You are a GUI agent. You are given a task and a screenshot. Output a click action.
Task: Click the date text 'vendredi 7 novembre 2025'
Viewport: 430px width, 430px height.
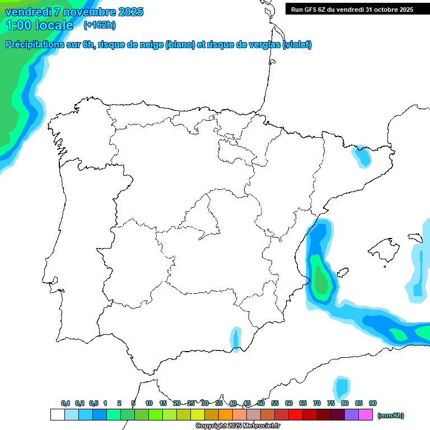(74, 12)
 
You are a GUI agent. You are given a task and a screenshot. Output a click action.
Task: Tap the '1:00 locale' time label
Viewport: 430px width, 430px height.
(39, 25)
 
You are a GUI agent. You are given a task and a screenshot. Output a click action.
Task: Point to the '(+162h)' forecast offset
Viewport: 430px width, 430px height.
(99, 25)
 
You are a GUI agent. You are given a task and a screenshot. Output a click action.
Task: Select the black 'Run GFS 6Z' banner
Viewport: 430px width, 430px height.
(352, 9)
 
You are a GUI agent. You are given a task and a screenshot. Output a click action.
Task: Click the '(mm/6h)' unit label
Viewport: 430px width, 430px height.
(390, 415)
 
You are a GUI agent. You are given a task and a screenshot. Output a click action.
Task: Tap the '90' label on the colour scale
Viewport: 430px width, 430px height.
(373, 403)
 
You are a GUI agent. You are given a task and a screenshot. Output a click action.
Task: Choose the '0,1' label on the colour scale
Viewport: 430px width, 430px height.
(66, 403)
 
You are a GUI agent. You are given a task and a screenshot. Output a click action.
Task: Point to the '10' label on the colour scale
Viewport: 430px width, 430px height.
(149, 403)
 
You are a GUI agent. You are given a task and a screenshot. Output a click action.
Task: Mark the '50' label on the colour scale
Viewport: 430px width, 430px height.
(261, 403)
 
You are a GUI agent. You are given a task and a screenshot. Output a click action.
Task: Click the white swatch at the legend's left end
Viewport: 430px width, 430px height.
(57, 414)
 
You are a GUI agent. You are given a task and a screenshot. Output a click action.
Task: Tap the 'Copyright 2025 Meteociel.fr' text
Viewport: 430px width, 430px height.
(237, 426)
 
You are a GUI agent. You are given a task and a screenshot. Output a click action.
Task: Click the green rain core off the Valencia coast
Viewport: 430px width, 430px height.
(321, 280)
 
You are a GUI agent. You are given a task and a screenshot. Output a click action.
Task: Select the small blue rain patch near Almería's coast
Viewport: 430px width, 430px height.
(235, 339)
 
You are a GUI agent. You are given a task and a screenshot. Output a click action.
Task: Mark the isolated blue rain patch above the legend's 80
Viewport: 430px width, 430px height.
(342, 387)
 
